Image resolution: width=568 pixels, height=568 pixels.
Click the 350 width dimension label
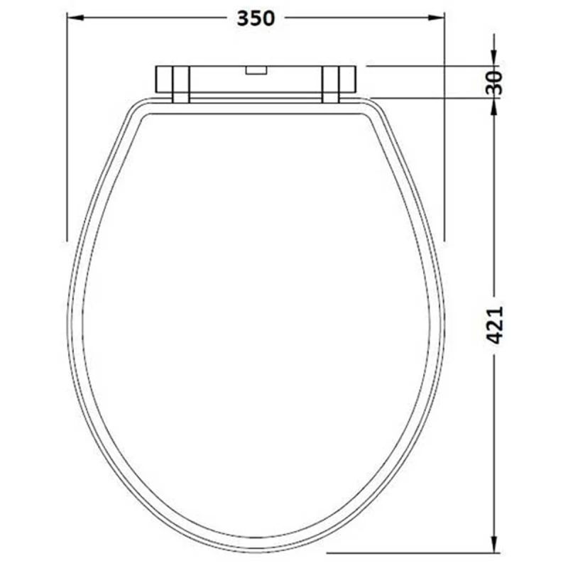pyautogui.click(x=256, y=19)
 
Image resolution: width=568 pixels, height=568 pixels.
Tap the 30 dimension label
pyautogui.click(x=495, y=82)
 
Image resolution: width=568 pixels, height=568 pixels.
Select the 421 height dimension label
pyautogui.click(x=495, y=325)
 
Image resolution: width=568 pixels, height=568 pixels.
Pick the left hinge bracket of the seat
pyautogui.click(x=180, y=84)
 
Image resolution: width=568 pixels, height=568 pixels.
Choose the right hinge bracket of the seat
pyautogui.click(x=330, y=84)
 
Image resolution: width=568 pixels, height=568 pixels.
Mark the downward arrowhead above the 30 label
pyautogui.click(x=495, y=59)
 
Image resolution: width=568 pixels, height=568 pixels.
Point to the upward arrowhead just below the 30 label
pyautogui.click(x=495, y=104)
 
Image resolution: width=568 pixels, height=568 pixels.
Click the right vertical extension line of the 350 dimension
pyautogui.click(x=444, y=128)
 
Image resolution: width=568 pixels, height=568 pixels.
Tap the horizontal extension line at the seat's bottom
pyautogui.click(x=412, y=552)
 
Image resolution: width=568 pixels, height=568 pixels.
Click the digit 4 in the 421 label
pyautogui.click(x=495, y=337)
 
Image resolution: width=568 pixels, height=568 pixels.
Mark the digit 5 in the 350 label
pyautogui.click(x=256, y=19)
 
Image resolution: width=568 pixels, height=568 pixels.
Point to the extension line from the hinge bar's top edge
pyautogui.click(x=426, y=66)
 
